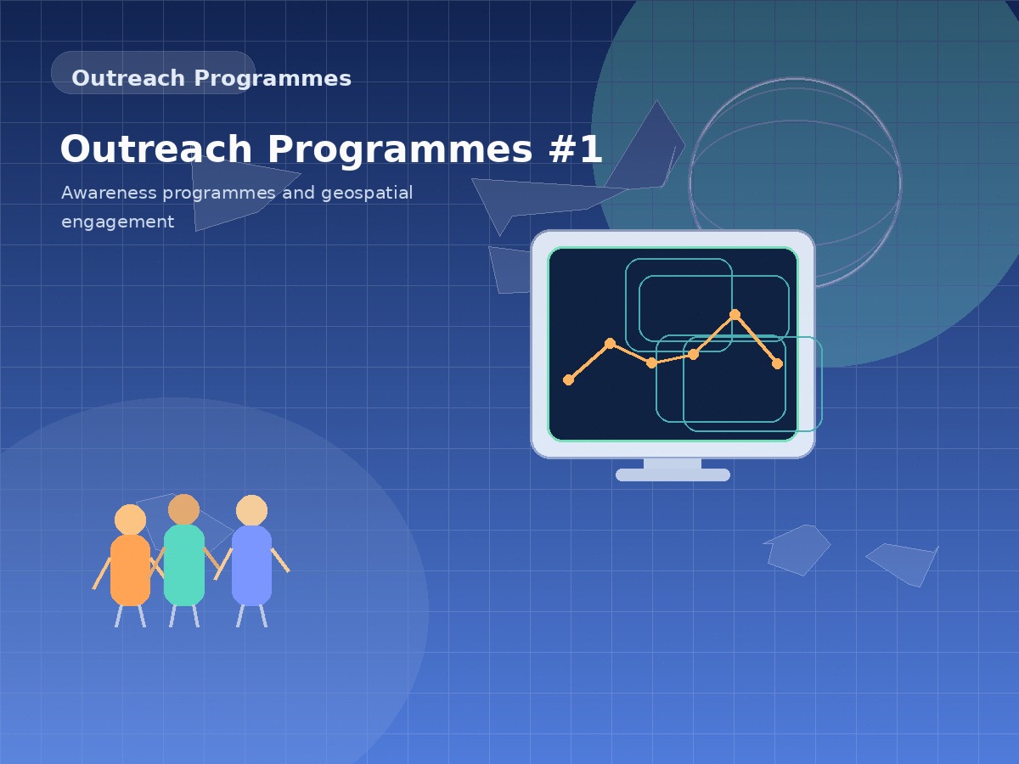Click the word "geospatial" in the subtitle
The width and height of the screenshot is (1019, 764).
coord(367,193)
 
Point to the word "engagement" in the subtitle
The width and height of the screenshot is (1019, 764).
coord(117,222)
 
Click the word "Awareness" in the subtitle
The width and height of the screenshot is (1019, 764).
coord(109,193)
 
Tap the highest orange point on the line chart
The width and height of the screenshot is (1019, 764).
coord(735,314)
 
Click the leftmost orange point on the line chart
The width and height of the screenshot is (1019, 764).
coord(568,379)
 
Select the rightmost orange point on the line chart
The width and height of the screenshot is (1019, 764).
coord(777,363)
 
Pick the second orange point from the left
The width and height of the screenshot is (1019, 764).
coord(610,343)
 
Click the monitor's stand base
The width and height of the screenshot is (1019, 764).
coord(673,475)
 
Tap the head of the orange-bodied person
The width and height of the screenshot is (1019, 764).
coord(130,520)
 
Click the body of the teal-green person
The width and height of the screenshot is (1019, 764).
coord(184,565)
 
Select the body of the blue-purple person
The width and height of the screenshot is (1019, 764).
coord(251,565)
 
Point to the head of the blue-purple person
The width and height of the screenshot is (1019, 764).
coord(251,510)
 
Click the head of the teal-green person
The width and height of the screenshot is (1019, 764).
coord(183,509)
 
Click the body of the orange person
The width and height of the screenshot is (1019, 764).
coord(130,570)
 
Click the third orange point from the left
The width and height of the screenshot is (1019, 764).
coord(651,362)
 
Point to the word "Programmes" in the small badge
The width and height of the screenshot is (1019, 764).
coord(272,78)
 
